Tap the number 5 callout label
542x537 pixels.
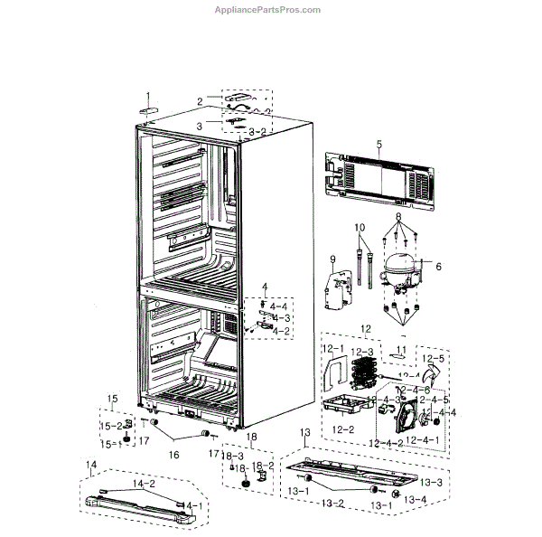pos(379,145)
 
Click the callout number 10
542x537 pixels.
pos(360,226)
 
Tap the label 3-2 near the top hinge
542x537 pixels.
pos(257,132)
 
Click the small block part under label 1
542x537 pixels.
pos(148,109)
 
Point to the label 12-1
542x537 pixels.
pos(331,347)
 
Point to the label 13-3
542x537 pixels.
pos(432,482)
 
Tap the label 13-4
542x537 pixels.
pos(415,499)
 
